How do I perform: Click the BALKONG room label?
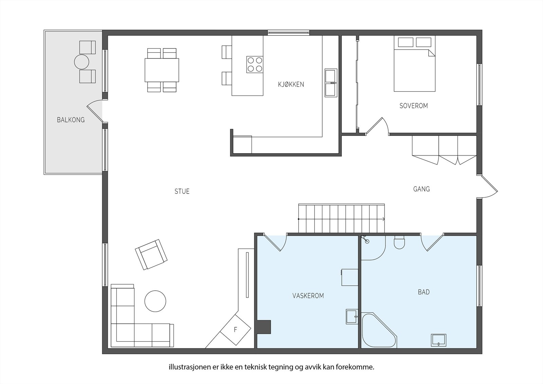point(71,120)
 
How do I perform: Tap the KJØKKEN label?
point(291,85)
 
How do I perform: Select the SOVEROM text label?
point(414,106)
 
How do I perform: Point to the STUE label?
point(182,191)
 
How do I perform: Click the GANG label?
point(422,189)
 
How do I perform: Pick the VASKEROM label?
point(308,296)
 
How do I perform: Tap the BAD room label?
point(424,292)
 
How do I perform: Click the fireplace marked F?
point(236,330)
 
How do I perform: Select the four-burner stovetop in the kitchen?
point(255,65)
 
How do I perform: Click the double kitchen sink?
point(331,83)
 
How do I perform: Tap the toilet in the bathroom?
point(399,242)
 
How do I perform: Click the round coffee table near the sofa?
point(155,301)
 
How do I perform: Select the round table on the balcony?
point(82,62)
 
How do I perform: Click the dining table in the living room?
point(162,70)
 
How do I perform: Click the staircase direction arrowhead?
point(383,219)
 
